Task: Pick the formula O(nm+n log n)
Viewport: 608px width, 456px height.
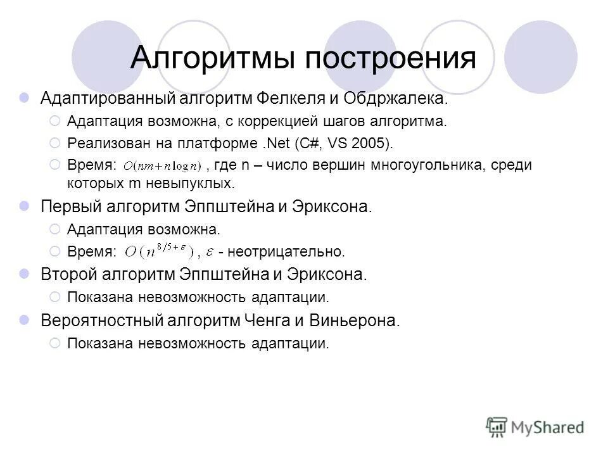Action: (x=162, y=167)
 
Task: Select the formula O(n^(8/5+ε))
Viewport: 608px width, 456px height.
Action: (x=158, y=252)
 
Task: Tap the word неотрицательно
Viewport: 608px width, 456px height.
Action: (x=286, y=252)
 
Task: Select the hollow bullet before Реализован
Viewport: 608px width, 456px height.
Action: (x=54, y=142)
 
